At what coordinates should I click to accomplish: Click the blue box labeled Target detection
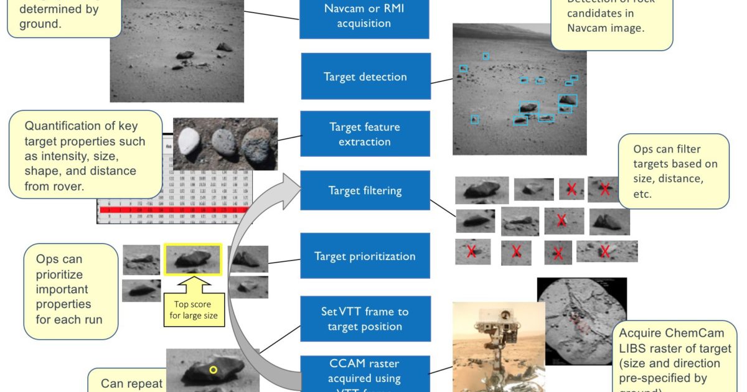[x=365, y=77]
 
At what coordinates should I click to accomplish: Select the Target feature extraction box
[x=365, y=134]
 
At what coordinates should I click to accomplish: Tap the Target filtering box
[x=365, y=191]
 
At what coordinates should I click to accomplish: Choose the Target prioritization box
[x=365, y=256]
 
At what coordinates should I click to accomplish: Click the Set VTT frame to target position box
[x=365, y=319]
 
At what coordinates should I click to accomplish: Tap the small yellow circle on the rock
[x=213, y=370]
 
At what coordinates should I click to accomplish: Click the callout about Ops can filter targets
[x=674, y=171]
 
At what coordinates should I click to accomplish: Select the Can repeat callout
[x=128, y=381]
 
